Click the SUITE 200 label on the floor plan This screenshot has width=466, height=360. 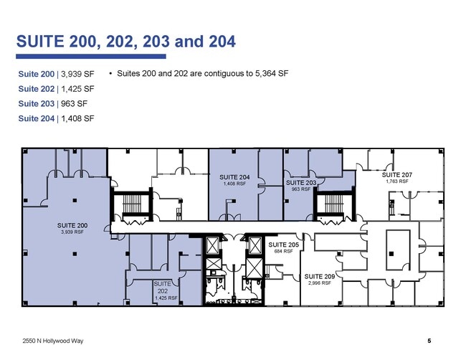(72, 225)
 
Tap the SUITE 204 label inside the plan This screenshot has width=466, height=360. (234, 177)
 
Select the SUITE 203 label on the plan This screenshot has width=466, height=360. (301, 183)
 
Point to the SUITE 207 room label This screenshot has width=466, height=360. (397, 175)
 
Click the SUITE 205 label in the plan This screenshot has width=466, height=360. (283, 245)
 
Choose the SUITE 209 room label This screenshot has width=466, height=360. (320, 277)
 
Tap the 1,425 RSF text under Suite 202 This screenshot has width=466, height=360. (166, 298)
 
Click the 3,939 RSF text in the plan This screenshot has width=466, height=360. (72, 232)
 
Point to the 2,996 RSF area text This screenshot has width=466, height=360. (320, 283)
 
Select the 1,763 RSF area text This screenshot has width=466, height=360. (397, 181)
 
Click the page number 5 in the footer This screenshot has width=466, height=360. (429, 341)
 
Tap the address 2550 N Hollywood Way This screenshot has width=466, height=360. (53, 341)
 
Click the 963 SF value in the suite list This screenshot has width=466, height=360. (75, 103)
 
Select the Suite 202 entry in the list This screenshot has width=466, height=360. (37, 89)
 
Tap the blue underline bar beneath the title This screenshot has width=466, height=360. (91, 56)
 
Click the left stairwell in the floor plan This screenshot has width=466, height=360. (132, 204)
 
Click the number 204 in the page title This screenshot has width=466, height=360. (222, 42)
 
